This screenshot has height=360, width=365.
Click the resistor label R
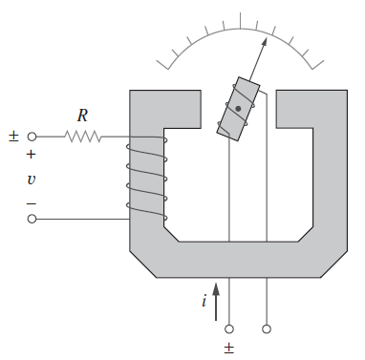[x=82, y=116]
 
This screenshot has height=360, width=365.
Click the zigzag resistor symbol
[x=83, y=137]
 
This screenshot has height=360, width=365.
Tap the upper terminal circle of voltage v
[x=32, y=137]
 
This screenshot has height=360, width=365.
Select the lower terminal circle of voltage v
[x=32, y=219]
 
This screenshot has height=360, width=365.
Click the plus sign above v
[x=31, y=155]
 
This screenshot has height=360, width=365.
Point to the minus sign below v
[x=31, y=203]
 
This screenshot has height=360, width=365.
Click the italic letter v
[x=31, y=180]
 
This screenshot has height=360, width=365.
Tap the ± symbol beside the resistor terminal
[x=13, y=137]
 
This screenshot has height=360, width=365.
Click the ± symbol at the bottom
[x=229, y=349]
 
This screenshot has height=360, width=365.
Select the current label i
[x=204, y=300]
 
